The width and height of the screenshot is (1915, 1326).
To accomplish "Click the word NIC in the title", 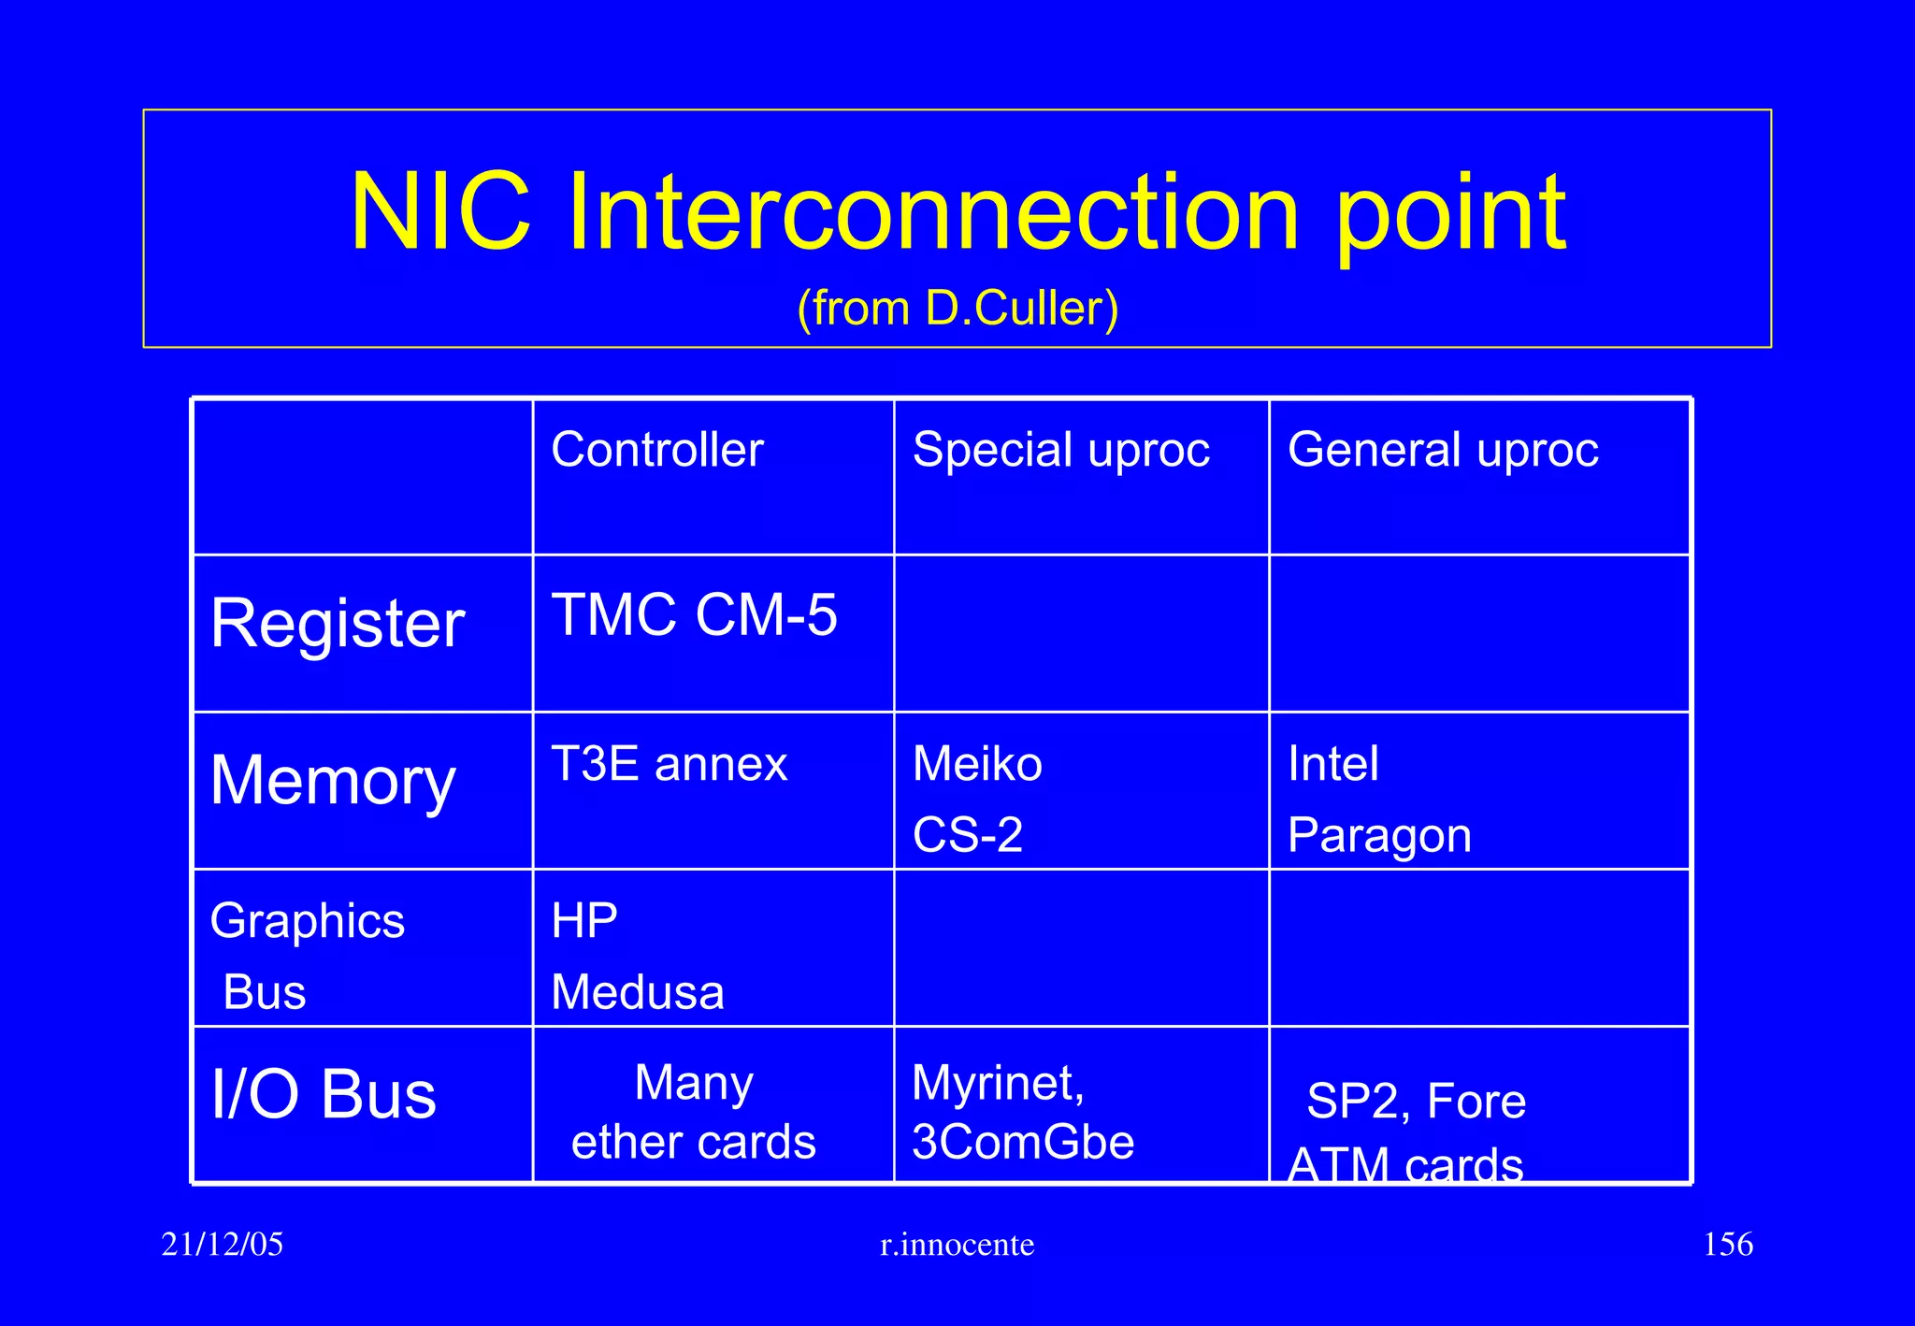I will (440, 212).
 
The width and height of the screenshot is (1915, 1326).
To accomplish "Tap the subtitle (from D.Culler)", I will (957, 308).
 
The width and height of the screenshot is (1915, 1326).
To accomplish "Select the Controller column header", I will (656, 450).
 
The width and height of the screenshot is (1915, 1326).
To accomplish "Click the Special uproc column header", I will (1060, 450).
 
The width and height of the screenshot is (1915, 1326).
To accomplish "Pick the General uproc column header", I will (1442, 450).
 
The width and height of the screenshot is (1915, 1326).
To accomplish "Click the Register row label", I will (338, 624).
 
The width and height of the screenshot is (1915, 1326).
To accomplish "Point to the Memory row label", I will (333, 781).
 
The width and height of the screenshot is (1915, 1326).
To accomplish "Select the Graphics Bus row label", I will (307, 954).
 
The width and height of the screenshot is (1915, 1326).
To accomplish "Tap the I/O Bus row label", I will (324, 1094).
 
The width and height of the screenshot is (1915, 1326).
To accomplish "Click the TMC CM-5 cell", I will (694, 615).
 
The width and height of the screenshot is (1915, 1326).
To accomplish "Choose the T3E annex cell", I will (669, 764).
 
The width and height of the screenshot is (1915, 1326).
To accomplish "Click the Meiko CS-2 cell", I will (976, 798).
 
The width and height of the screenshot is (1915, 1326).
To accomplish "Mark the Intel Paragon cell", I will (1378, 798).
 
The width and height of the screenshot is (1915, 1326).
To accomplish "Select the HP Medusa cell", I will (637, 956).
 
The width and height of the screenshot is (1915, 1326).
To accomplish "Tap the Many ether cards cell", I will (693, 1112).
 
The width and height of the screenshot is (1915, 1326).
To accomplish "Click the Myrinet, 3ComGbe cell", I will (1022, 1112).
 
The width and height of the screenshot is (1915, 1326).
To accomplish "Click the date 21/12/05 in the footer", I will (222, 1245).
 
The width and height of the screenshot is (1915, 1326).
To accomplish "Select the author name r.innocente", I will (957, 1245).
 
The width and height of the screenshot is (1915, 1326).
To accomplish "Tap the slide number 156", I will (1727, 1245).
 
